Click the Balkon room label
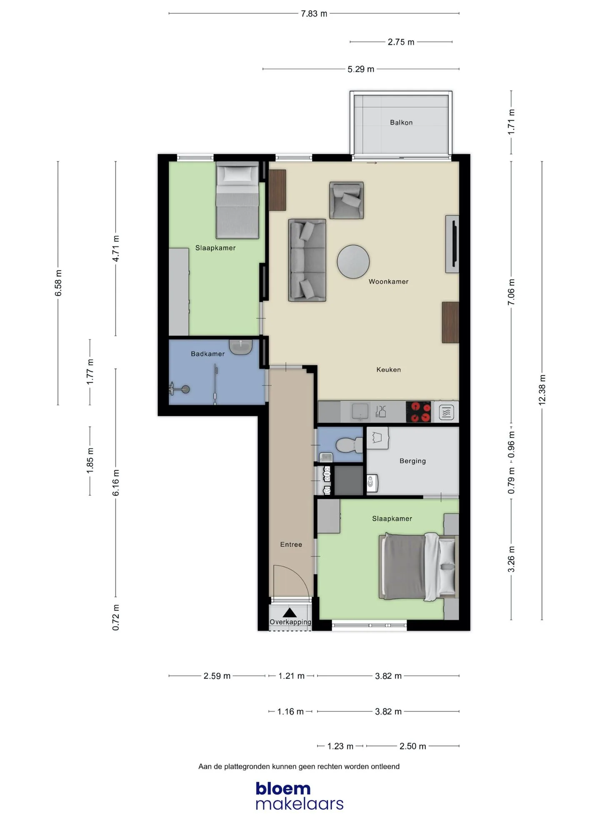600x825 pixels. pyautogui.click(x=401, y=122)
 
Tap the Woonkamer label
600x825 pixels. pyautogui.click(x=388, y=282)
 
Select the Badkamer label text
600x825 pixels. pyautogui.click(x=207, y=354)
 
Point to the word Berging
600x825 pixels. pyautogui.click(x=412, y=461)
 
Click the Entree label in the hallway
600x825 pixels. pyautogui.click(x=291, y=544)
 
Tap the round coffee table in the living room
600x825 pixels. pyautogui.click(x=353, y=262)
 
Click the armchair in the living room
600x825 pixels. pyautogui.click(x=346, y=200)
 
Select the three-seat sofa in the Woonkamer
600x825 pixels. pyautogui.click(x=307, y=260)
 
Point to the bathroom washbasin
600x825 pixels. pyautogui.click(x=241, y=347)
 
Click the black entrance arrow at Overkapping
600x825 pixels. pyautogui.click(x=290, y=613)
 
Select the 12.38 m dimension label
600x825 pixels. pyautogui.click(x=542, y=390)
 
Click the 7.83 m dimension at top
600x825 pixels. pyautogui.click(x=314, y=13)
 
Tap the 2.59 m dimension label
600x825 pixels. pyautogui.click(x=217, y=676)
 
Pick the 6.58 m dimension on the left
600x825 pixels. pyautogui.click(x=58, y=283)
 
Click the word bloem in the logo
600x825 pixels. pyautogui.click(x=283, y=788)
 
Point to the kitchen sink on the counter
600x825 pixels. pyautogui.click(x=360, y=411)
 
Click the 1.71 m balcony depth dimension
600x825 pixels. pyautogui.click(x=511, y=122)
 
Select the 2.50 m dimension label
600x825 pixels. pyautogui.click(x=413, y=746)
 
